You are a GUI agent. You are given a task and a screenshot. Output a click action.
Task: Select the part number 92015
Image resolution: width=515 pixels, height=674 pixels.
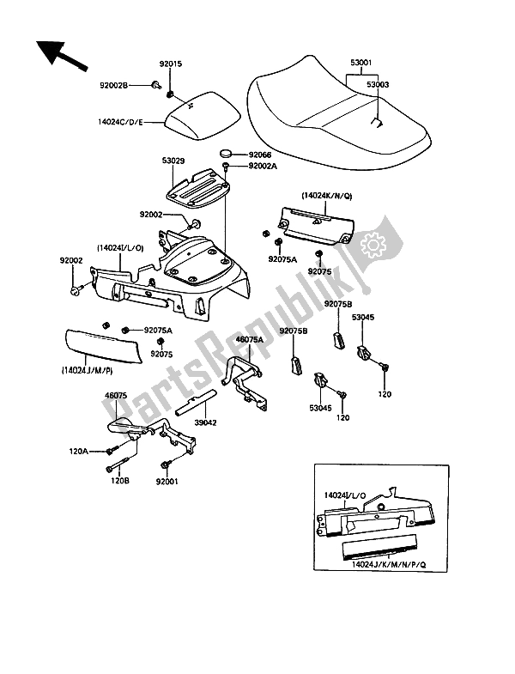click(x=170, y=63)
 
